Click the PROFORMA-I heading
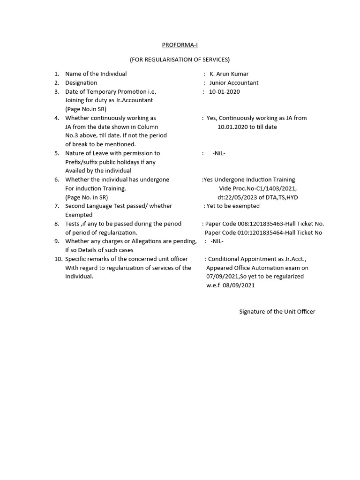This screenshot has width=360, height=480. pos(180,45)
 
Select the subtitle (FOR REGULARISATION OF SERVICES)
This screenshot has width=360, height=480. pos(180,60)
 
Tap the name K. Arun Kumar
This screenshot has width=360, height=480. pos(229,74)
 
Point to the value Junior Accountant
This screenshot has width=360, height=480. pos(233,83)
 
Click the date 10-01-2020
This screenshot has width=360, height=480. pos(224,92)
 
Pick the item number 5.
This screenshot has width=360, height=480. pos(57,153)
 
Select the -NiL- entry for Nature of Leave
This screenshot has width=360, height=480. pos(219,153)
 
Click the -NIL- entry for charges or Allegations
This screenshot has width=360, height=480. pos(217,241)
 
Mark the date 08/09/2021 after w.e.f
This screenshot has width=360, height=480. pos(239,285)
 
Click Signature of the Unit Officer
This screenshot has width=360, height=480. pos(277,312)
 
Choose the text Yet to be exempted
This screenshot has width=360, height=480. pos(233,206)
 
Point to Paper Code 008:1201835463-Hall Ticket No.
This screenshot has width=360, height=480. pos(264,224)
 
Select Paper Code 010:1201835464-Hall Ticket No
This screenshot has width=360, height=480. pos(263,233)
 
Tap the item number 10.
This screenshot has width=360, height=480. pos(58,259)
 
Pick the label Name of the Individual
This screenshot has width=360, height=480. pos(96,74)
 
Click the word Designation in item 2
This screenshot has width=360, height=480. pos(81,83)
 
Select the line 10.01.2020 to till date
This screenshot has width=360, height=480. pos(247,127)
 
